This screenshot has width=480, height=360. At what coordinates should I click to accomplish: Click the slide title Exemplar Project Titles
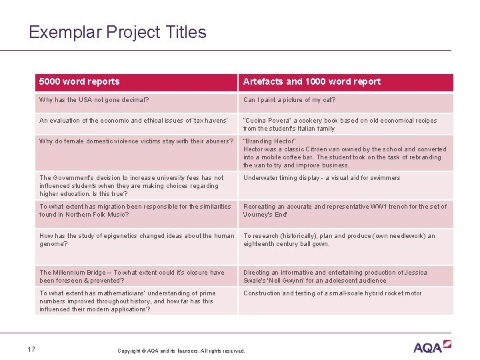[117, 32]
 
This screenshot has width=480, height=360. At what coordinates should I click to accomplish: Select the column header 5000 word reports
[79, 82]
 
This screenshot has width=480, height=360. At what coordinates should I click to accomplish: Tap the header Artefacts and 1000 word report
[311, 82]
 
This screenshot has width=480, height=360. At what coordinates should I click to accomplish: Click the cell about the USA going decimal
[94, 101]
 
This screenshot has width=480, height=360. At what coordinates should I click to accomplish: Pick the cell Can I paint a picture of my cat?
[289, 101]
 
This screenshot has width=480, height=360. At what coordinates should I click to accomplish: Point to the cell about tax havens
[133, 121]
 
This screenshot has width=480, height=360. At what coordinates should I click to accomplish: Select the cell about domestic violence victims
[136, 141]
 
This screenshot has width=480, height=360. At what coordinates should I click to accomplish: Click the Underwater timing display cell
[321, 178]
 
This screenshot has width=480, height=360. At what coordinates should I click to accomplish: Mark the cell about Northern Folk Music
[135, 211]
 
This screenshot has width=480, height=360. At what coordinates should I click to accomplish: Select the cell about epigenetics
[136, 239]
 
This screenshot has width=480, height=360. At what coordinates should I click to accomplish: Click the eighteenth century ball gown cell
[339, 239]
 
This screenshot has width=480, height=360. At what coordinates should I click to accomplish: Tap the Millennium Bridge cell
[132, 276]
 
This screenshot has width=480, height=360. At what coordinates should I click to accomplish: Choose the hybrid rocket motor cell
[332, 293]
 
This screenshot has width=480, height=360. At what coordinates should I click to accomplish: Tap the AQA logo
[431, 347]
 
